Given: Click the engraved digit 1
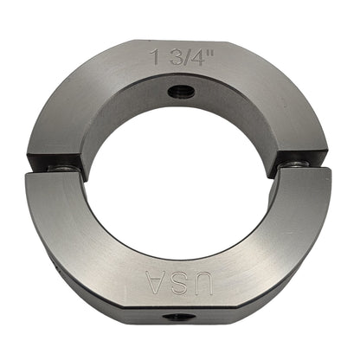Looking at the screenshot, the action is point(157,56).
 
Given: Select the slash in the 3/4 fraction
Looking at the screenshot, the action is point(184,57).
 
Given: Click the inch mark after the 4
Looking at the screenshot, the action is point(208,53).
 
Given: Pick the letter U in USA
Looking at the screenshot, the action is point(204,283).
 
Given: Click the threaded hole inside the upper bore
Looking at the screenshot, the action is point(181,92).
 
